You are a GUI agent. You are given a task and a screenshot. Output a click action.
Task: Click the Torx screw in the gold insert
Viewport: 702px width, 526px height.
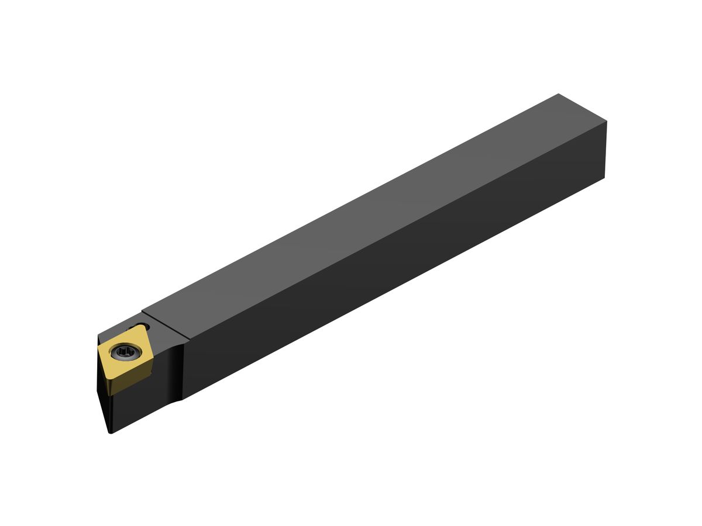pos(126,352)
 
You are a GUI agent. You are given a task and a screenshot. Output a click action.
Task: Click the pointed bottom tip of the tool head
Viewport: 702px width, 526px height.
pos(110,432)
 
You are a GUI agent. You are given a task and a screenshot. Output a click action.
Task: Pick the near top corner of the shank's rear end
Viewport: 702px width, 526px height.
pos(607,122)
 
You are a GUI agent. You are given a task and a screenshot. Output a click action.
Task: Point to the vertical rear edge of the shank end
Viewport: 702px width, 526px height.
pos(605,150)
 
